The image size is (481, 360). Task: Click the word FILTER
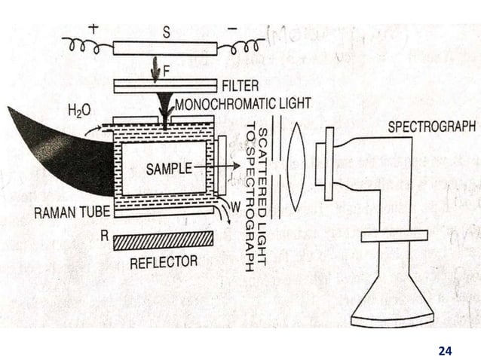point(240,84)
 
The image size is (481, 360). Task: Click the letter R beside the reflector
point(103,234)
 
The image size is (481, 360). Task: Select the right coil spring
point(240,47)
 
